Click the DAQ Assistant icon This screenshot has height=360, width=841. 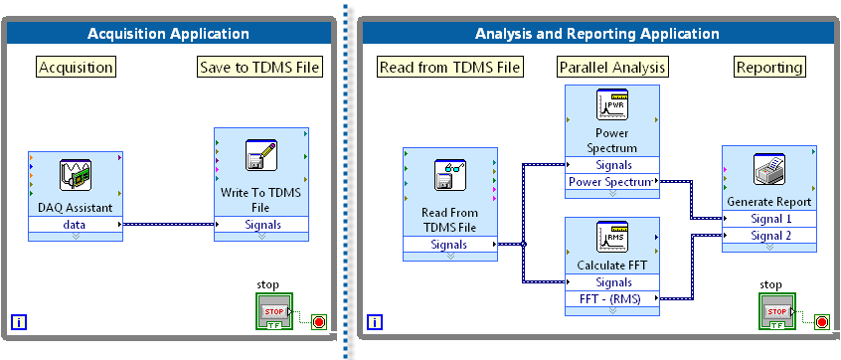coord(76,175)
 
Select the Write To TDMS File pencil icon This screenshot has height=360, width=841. coord(261,155)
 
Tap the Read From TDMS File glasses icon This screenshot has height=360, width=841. coord(450,175)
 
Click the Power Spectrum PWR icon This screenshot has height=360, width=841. coord(612,104)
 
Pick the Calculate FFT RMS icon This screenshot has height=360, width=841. coord(612,237)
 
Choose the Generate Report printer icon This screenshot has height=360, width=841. coord(769,169)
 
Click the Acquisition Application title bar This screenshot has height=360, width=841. coord(168,34)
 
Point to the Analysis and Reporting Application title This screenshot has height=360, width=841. coord(597,34)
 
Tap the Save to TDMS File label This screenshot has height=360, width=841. coord(260,67)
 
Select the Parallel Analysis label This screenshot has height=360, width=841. coord(612,67)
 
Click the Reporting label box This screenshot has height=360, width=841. coord(769,67)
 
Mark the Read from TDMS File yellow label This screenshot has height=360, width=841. coord(449,67)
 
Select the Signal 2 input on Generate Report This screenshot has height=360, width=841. coord(769,235)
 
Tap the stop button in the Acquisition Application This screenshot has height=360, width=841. coord(274,311)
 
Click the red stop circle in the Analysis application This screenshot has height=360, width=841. coord(821,322)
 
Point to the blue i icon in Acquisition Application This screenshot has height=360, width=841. coord(19,322)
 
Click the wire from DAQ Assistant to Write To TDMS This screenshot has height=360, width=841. coord(168,225)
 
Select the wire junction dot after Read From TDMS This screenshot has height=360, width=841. coord(524,245)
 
